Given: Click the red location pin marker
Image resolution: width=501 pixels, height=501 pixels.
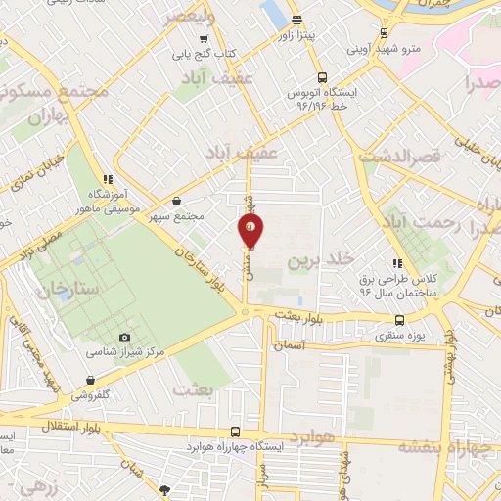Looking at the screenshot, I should pos(250,231).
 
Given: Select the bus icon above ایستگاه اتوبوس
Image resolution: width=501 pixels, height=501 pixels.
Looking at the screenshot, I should pos(320,78).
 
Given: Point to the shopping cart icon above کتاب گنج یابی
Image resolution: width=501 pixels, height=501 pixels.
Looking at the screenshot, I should pos(204,40).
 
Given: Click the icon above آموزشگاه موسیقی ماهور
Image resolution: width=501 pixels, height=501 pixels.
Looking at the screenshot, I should pos(109,179).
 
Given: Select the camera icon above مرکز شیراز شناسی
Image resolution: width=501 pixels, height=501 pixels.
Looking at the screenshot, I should pos(124,338).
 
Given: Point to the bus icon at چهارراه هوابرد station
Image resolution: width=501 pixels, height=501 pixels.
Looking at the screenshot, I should pos(235,432).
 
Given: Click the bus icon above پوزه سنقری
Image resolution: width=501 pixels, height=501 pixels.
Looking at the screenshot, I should pos(399,320).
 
